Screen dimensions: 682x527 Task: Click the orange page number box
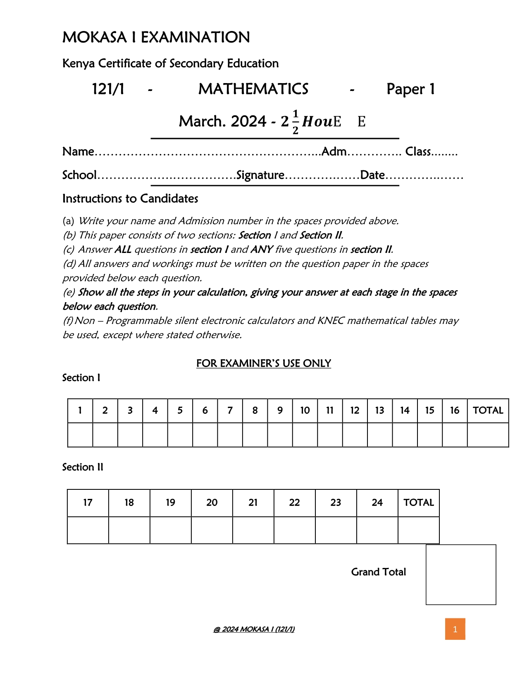pyautogui.click(x=455, y=629)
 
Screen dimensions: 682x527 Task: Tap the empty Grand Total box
pyautogui.click(x=460, y=574)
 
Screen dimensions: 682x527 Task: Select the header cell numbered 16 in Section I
pyautogui.click(x=454, y=410)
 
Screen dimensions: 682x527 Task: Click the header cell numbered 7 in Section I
pyautogui.click(x=230, y=410)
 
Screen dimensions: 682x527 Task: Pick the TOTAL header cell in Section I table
pyautogui.click(x=488, y=410)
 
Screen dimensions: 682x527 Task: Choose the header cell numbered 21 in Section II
pyautogui.click(x=253, y=503)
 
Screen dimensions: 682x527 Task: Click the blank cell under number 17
pyautogui.click(x=88, y=530)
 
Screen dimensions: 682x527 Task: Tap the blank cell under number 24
pyautogui.click(x=377, y=530)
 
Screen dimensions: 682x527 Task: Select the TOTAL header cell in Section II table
pyautogui.click(x=418, y=503)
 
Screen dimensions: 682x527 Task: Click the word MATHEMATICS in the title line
pyautogui.click(x=253, y=89)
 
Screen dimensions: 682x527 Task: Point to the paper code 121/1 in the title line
pyautogui.click(x=108, y=89)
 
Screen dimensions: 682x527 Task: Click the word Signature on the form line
pyautogui.click(x=260, y=175)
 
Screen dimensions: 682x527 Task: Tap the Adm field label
pyautogui.click(x=334, y=152)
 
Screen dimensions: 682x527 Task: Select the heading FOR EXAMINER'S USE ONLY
pyautogui.click(x=263, y=363)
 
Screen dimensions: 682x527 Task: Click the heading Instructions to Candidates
pyautogui.click(x=130, y=199)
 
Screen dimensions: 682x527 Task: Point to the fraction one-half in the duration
pyautogui.click(x=295, y=122)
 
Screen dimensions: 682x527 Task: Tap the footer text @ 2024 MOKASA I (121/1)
pyautogui.click(x=254, y=629)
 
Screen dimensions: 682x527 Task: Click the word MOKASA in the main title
pyautogui.click(x=94, y=38)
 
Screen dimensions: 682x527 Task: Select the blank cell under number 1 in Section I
pyautogui.click(x=80, y=435)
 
